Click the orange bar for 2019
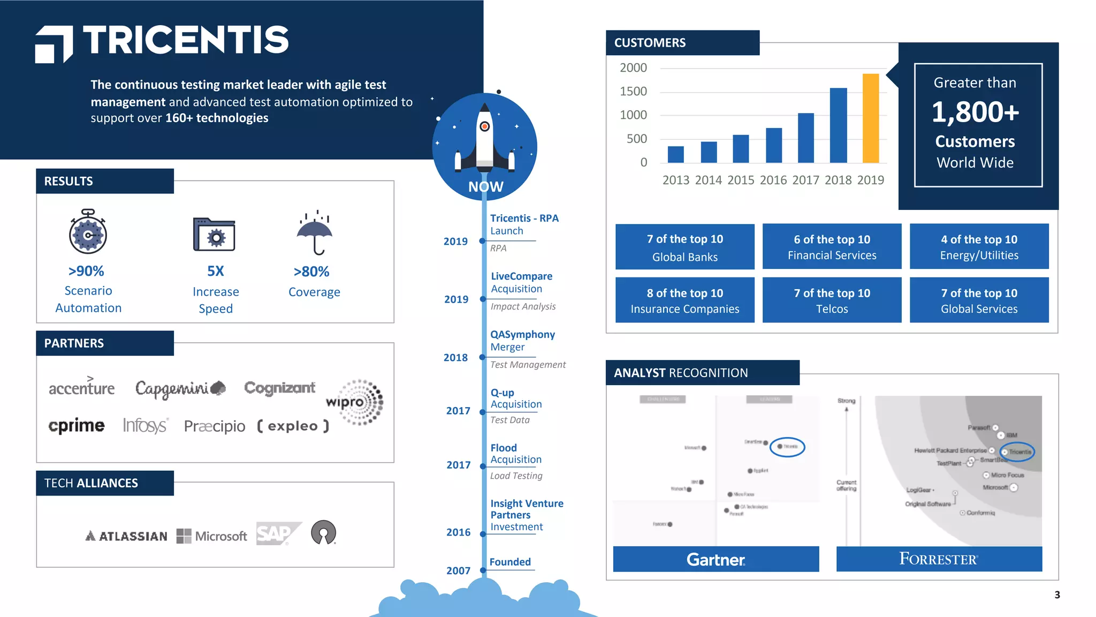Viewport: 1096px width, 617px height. pyautogui.click(x=870, y=118)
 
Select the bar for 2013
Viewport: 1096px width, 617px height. pyautogui.click(x=675, y=154)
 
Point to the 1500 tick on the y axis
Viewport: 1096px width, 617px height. pyautogui.click(x=633, y=92)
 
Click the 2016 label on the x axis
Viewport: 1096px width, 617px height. pyautogui.click(x=773, y=180)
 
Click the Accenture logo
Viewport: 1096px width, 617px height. pyautogui.click(x=81, y=387)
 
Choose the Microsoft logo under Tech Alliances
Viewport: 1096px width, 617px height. pyautogui.click(x=212, y=536)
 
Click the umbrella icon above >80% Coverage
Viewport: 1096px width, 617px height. pyautogui.click(x=315, y=233)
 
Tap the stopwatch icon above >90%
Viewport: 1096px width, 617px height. pyautogui.click(x=88, y=232)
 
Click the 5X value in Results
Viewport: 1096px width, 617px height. pyautogui.click(x=215, y=271)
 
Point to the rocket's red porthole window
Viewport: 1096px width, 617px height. pyautogui.click(x=484, y=127)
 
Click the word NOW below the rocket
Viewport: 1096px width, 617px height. pyautogui.click(x=485, y=186)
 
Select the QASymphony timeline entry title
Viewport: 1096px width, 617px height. pyautogui.click(x=522, y=334)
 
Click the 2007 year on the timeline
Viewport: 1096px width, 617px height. pyautogui.click(x=458, y=570)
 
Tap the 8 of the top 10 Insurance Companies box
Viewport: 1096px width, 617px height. pyautogui.click(x=684, y=300)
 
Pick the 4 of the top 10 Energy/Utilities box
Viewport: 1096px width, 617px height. pyautogui.click(x=979, y=246)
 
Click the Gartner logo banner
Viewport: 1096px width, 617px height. pyautogui.click(x=716, y=559)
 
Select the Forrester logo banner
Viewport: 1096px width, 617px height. pyautogui.click(x=939, y=559)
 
